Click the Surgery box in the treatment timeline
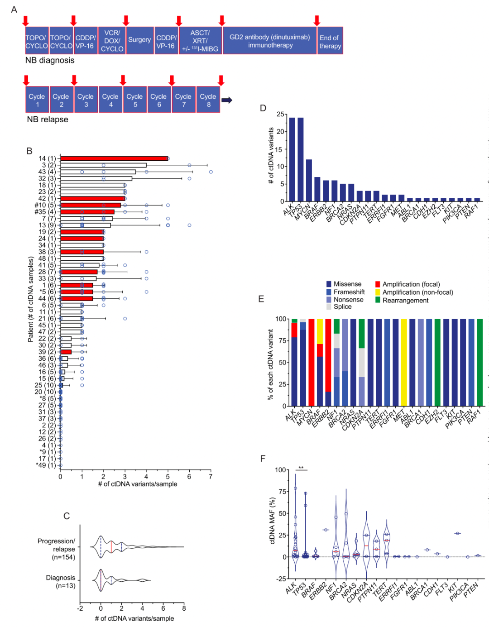(x=139, y=40)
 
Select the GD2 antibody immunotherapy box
(x=270, y=41)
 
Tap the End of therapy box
(x=330, y=42)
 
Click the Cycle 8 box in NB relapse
(x=208, y=100)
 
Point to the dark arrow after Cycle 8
(x=227, y=100)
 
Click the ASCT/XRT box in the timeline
(x=200, y=41)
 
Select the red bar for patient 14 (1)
(x=114, y=158)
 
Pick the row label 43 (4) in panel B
(x=47, y=172)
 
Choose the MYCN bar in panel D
(x=309, y=180)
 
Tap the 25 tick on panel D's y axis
(x=281, y=114)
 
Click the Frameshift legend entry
(x=349, y=292)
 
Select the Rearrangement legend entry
(x=405, y=300)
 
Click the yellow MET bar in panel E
(x=404, y=362)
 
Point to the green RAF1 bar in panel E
(x=479, y=362)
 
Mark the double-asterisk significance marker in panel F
(x=301, y=468)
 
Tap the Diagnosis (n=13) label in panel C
(x=61, y=582)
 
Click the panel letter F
(x=263, y=459)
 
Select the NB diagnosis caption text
(x=50, y=60)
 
